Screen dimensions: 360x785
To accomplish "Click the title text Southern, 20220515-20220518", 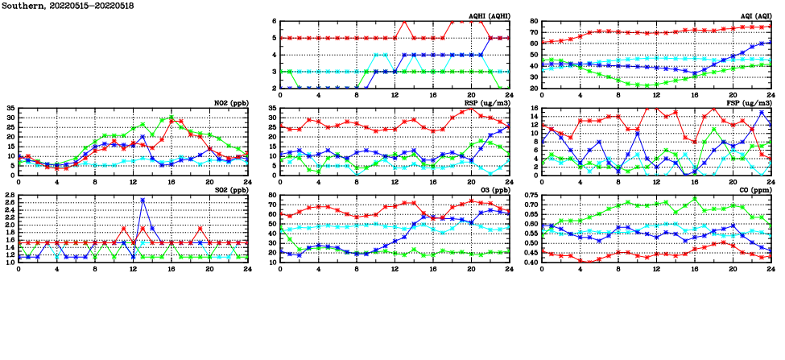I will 68,6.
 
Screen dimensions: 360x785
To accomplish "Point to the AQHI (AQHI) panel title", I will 488,16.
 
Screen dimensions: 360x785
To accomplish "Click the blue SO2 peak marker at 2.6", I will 143,201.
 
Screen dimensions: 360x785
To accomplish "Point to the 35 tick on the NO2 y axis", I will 10,108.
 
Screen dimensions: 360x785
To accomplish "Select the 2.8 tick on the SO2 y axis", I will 9,195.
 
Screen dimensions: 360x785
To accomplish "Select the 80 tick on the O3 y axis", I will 272,195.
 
